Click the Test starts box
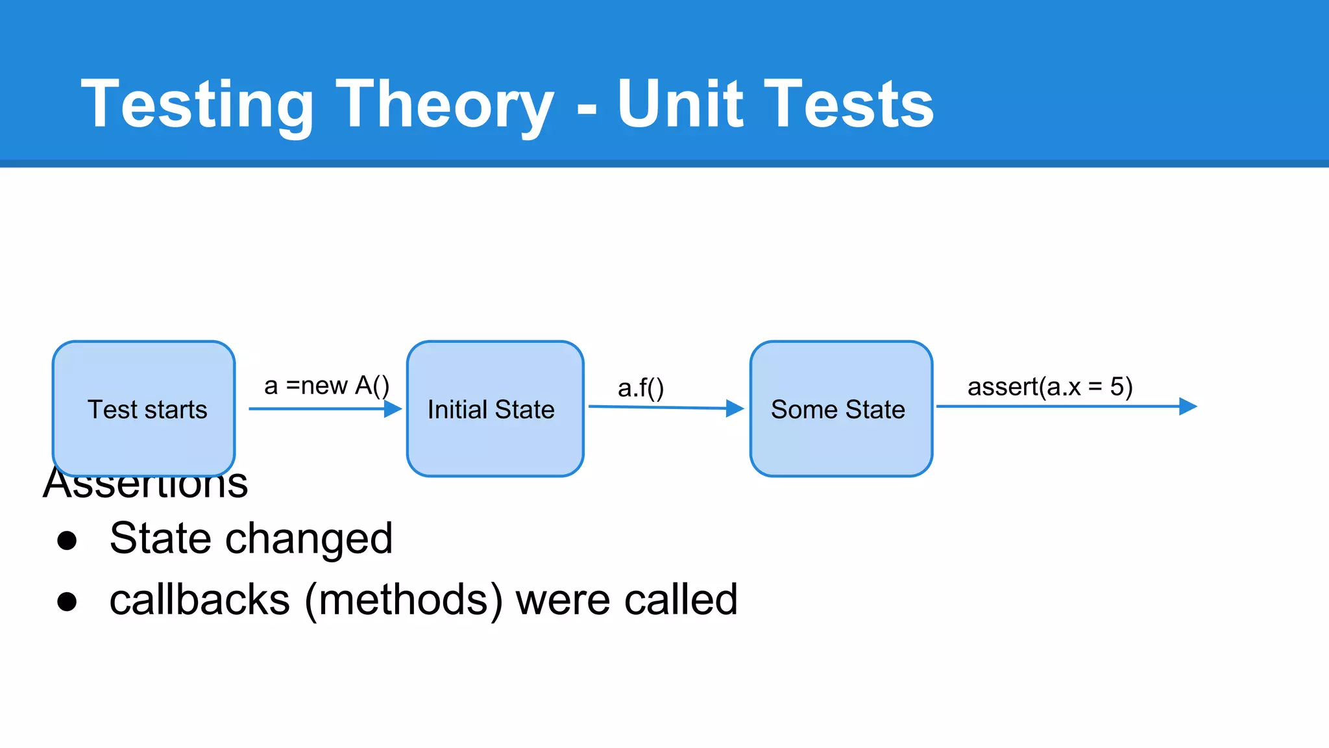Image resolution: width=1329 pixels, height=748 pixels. point(144,409)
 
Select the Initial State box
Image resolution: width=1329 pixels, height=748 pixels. point(495,409)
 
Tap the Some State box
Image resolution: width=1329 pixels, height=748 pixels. point(841,409)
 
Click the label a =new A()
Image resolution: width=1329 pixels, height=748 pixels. point(326,386)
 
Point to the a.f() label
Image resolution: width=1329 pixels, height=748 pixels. point(640,388)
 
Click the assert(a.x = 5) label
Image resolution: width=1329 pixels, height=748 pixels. point(1049,387)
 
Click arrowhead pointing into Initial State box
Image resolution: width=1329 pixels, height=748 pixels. point(393,409)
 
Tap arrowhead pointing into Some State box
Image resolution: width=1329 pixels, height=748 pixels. point(735,408)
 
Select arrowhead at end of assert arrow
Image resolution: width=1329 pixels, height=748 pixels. point(1188,406)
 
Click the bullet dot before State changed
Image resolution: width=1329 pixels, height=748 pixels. point(67,540)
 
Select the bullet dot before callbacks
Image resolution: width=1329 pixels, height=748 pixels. point(67,601)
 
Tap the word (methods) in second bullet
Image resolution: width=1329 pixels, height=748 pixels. point(403,600)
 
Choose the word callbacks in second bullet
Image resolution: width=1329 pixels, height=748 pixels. point(199,600)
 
